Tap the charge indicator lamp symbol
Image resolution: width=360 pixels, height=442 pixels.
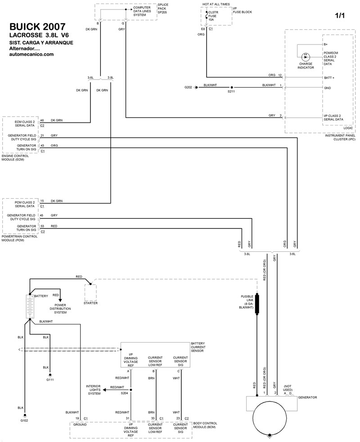tap(306, 57)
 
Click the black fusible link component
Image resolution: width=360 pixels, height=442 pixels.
tap(257, 304)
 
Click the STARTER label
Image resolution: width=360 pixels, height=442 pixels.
tap(90, 303)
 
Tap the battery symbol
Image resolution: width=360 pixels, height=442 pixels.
tap(29, 307)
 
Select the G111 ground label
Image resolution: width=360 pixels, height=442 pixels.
tap(50, 380)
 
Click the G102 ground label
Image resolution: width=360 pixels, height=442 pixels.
tap(25, 421)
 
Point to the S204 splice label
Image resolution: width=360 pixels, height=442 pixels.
tap(124, 393)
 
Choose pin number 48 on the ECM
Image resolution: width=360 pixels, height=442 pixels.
tap(42, 121)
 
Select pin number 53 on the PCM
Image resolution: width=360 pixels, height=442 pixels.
tap(42, 226)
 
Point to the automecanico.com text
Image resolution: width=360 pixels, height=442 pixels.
tap(31, 54)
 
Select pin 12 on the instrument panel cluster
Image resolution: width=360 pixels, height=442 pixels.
tap(280, 75)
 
